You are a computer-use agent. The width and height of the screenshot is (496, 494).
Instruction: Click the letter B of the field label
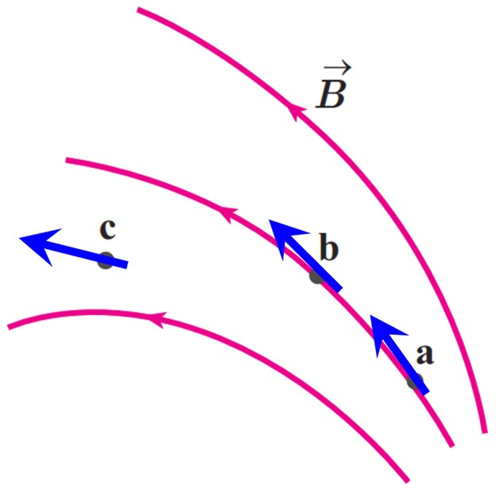tap(330, 94)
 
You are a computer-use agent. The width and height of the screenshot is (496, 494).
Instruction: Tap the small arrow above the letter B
tap(337, 67)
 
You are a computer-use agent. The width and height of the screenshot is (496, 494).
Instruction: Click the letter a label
tap(425, 354)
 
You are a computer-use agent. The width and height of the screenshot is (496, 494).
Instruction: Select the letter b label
tap(329, 247)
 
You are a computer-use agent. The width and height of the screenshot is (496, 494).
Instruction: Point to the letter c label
tap(107, 228)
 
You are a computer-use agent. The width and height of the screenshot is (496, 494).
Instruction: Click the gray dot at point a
tap(415, 381)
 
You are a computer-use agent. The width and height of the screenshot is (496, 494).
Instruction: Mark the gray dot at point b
tap(317, 276)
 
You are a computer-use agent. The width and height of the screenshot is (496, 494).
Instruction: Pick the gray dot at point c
tap(106, 261)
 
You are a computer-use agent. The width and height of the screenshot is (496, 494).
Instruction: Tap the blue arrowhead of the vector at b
tap(286, 237)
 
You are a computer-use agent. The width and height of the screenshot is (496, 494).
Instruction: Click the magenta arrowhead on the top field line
tap(296, 112)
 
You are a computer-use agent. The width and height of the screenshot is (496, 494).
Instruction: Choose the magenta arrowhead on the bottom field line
tap(157, 319)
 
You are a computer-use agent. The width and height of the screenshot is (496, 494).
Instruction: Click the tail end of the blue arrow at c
tap(127, 265)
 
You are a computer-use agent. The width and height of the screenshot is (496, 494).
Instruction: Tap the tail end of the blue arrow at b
tap(339, 290)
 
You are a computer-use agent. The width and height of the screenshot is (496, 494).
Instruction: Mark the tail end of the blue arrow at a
tap(426, 393)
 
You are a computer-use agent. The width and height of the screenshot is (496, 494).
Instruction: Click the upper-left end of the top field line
tap(138, 10)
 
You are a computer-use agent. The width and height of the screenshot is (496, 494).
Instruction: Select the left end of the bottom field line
tap(8, 327)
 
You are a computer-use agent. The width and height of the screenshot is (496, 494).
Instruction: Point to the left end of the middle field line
tap(66, 160)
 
